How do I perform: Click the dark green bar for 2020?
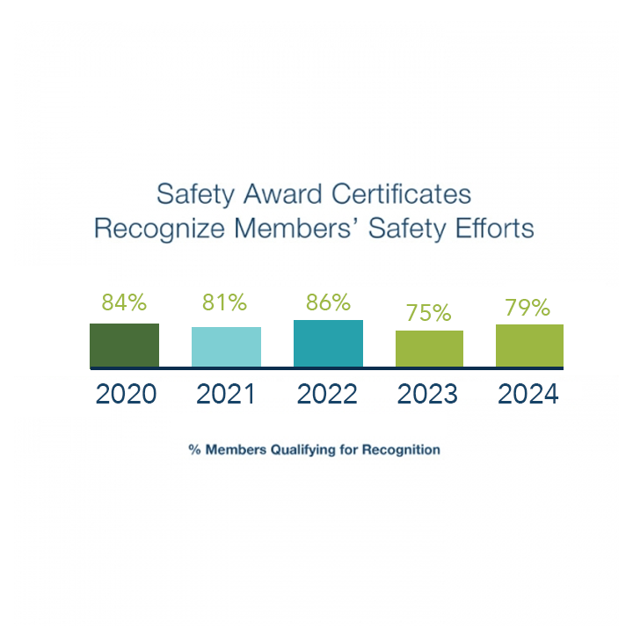(124, 345)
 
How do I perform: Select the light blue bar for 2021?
(226, 346)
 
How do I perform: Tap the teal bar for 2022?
(328, 343)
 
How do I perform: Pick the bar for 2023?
(429, 348)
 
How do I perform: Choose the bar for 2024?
(529, 346)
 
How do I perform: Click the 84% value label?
(124, 303)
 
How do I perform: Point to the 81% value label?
(225, 303)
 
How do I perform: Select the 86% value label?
(328, 303)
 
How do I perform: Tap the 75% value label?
(429, 313)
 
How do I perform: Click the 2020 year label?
(126, 394)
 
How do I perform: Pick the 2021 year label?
(226, 394)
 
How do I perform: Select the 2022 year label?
(327, 394)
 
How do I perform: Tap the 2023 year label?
(427, 394)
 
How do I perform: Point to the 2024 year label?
(528, 394)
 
